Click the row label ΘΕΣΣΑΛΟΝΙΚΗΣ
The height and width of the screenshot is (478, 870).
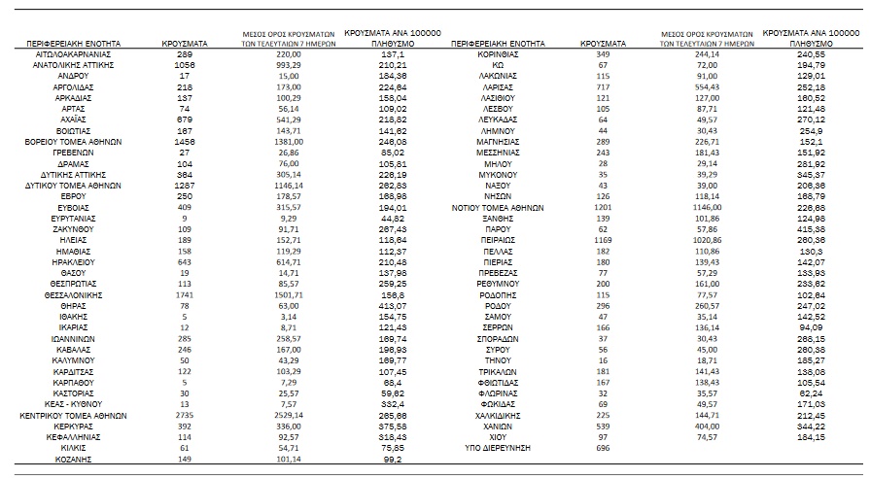tap(74, 293)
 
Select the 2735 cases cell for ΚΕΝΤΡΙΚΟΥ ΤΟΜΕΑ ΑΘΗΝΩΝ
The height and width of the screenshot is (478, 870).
tap(183, 415)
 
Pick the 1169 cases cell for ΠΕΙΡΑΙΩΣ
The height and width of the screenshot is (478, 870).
tap(604, 237)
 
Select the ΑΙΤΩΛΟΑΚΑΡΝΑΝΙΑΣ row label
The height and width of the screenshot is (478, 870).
tap(74, 55)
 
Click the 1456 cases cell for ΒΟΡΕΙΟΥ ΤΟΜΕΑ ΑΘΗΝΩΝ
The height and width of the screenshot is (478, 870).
tap(183, 141)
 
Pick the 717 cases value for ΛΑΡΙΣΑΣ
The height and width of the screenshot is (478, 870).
tap(604, 86)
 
